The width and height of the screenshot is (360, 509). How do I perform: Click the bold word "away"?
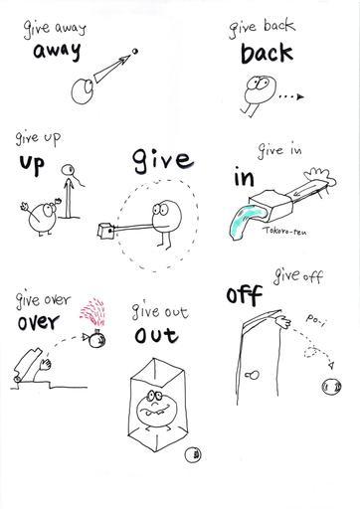pyautogui.click(x=57, y=52)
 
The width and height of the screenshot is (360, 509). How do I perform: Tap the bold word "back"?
pyautogui.click(x=267, y=54)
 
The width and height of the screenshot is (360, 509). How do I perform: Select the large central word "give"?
pyautogui.click(x=163, y=161)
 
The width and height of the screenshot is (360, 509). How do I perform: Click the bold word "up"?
pyautogui.click(x=32, y=164)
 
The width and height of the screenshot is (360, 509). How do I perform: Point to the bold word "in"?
pyautogui.click(x=245, y=177)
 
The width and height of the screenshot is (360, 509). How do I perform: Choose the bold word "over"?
pyautogui.click(x=39, y=322)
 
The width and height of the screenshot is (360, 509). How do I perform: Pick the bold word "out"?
pyautogui.click(x=156, y=335)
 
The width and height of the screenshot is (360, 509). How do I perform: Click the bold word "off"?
pyautogui.click(x=245, y=294)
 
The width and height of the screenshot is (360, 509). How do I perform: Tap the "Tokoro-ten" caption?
pyautogui.click(x=285, y=231)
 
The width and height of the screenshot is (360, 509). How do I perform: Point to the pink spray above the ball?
pyautogui.click(x=92, y=312)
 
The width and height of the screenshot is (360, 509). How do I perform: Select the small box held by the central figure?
pyautogui.click(x=106, y=232)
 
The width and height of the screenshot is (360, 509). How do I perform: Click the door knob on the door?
pyautogui.click(x=253, y=375)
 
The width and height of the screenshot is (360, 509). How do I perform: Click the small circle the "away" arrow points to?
pyautogui.click(x=134, y=51)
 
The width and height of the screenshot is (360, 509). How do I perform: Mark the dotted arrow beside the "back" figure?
pyautogui.click(x=291, y=96)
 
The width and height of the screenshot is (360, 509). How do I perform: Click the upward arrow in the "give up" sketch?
pyautogui.click(x=69, y=198)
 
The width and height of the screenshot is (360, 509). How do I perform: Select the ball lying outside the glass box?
pyautogui.click(x=193, y=454)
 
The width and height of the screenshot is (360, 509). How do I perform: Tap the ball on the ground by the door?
pyautogui.click(x=331, y=387)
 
